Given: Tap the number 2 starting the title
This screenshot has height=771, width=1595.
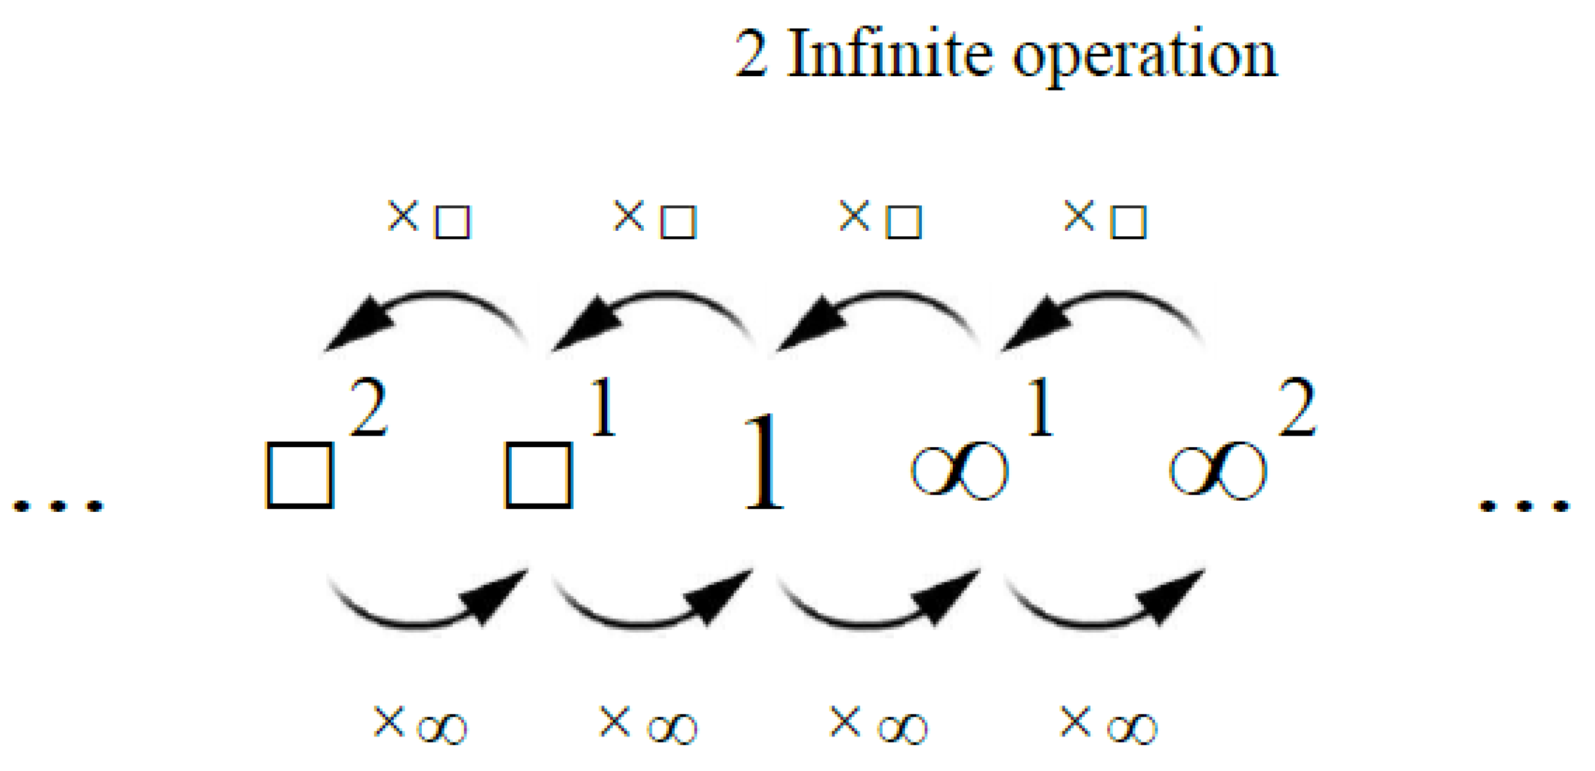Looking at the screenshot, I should click(x=751, y=54).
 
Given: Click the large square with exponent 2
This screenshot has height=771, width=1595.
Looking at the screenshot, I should click(x=300, y=474).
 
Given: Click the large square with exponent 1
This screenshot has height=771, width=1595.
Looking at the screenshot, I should click(x=539, y=474).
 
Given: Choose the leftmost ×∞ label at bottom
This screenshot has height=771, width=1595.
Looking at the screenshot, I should click(x=420, y=725).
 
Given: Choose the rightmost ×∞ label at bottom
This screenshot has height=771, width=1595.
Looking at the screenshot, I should click(x=1108, y=725).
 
